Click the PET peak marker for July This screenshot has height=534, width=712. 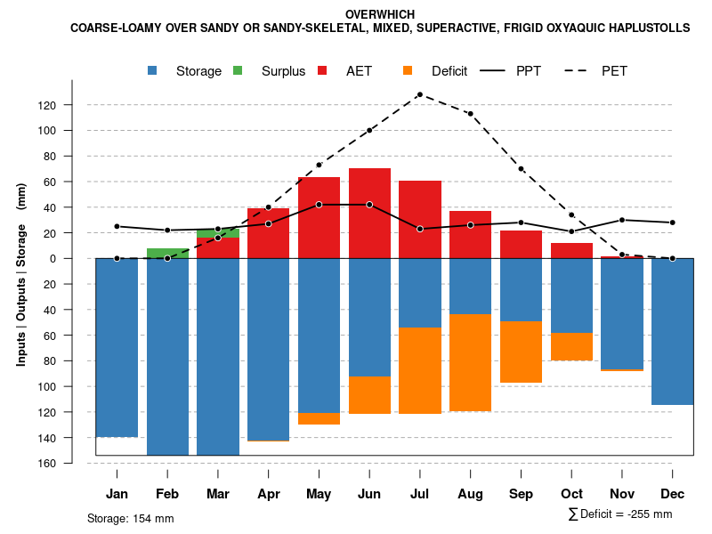tap(420, 94)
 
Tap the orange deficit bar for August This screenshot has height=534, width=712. tap(471, 362)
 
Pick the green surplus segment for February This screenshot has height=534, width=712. tap(167, 253)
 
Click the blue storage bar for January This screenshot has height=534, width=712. tap(117, 347)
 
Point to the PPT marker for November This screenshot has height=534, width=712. tap(622, 220)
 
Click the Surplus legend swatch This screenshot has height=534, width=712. tap(239, 71)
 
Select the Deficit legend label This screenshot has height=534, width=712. tap(449, 71)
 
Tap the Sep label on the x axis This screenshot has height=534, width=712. tap(522, 494)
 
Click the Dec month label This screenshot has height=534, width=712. tap(673, 494)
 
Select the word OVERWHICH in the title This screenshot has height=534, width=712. tap(380, 15)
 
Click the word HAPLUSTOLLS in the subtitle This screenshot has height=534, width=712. tap(648, 28)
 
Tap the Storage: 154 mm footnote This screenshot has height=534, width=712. tap(131, 518)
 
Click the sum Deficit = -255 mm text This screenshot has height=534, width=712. tap(620, 514)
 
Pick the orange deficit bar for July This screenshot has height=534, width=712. tap(420, 370)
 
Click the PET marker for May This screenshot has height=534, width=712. tap(319, 165)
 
